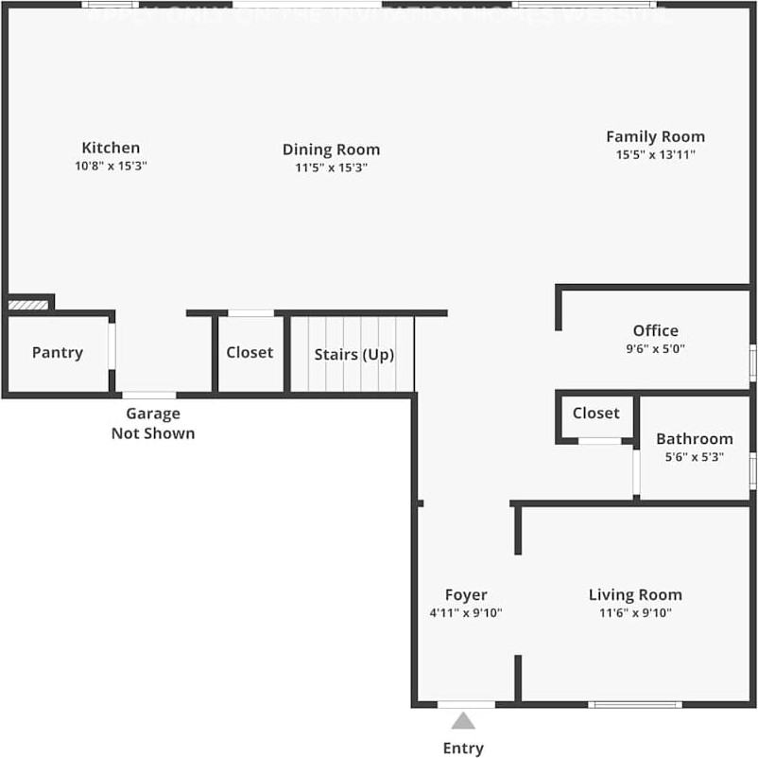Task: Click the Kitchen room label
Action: pos(111,148)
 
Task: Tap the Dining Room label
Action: pos(331,150)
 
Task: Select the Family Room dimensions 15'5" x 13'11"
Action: pos(655,154)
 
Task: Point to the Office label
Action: pos(655,330)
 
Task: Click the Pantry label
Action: pos(58,352)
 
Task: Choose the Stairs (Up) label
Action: pos(353,355)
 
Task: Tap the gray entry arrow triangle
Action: pos(463,721)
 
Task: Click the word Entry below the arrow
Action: pos(463,748)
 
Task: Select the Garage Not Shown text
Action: pos(153,424)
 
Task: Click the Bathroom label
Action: pos(694,439)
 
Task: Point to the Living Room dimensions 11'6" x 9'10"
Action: pos(635,612)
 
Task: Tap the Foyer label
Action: pos(466,595)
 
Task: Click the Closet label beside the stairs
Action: pos(250,352)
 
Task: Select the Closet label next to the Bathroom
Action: pos(595,413)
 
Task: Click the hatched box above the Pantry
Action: pos(27,305)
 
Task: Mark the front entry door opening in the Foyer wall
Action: pos(466,704)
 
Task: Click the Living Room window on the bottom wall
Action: pos(634,704)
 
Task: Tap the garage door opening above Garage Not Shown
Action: pos(149,395)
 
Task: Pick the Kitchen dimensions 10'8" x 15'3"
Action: pos(111,166)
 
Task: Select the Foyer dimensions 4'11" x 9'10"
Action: pos(466,612)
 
